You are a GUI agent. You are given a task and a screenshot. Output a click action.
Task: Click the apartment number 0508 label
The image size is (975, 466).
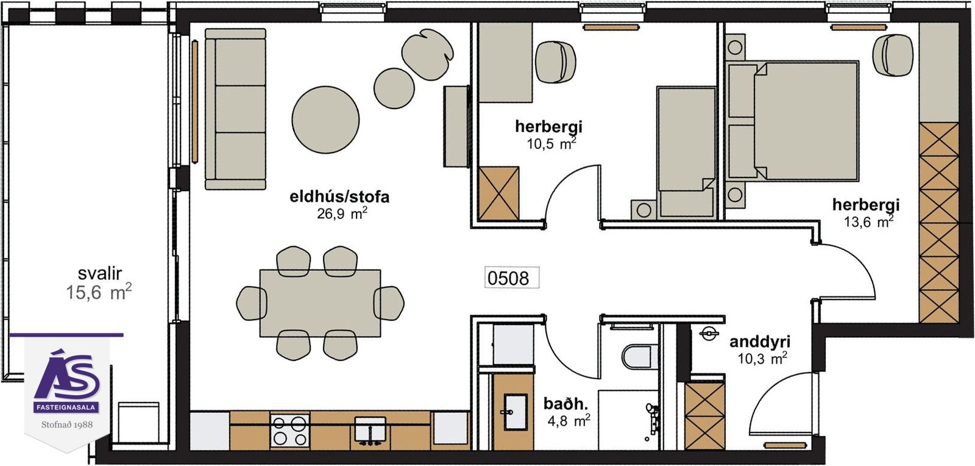[508, 278]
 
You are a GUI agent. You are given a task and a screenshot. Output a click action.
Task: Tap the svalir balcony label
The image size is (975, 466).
[100, 273]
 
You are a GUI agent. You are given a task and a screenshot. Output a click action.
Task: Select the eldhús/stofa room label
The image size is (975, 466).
[339, 197]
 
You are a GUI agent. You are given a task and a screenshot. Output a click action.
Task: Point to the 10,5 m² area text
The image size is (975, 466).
[551, 143]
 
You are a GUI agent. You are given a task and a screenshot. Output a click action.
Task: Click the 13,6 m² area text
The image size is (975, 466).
[869, 221]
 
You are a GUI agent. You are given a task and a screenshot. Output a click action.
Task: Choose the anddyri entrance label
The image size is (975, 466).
[760, 342]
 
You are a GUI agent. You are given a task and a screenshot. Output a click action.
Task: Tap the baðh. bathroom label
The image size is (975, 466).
[565, 404]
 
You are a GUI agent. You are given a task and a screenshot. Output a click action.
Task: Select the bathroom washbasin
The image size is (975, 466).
[516, 412]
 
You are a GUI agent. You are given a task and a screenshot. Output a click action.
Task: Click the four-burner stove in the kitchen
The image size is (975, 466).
[290, 431]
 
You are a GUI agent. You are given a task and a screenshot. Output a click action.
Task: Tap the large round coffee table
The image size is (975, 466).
[325, 120]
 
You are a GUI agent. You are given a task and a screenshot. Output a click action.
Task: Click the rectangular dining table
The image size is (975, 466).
[321, 303]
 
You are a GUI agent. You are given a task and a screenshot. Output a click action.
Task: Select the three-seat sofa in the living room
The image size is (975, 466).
[235, 109]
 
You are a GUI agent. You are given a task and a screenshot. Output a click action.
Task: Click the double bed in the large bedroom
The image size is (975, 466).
[792, 121]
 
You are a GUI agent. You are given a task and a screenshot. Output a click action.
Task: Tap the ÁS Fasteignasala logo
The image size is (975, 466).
[67, 381]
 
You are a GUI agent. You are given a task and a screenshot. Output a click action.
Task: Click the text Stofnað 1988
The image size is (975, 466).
[67, 425]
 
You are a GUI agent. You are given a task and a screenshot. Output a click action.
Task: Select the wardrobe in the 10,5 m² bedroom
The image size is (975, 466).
[498, 193]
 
